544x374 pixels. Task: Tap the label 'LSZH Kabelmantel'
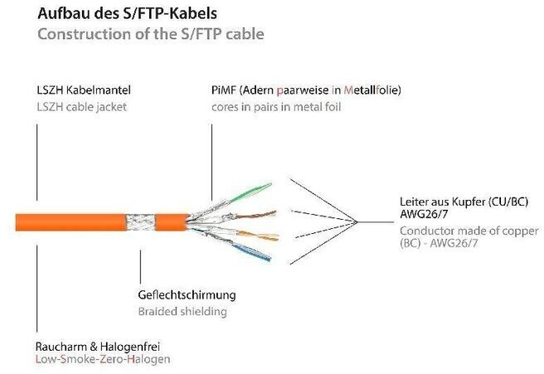(x=83, y=89)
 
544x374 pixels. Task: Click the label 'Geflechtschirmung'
(x=187, y=295)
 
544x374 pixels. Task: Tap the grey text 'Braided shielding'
(x=182, y=311)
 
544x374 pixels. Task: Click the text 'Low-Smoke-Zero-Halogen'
(x=103, y=359)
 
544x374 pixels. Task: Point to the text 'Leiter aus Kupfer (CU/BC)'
(x=464, y=202)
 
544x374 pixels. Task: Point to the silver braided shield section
(x=142, y=222)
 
